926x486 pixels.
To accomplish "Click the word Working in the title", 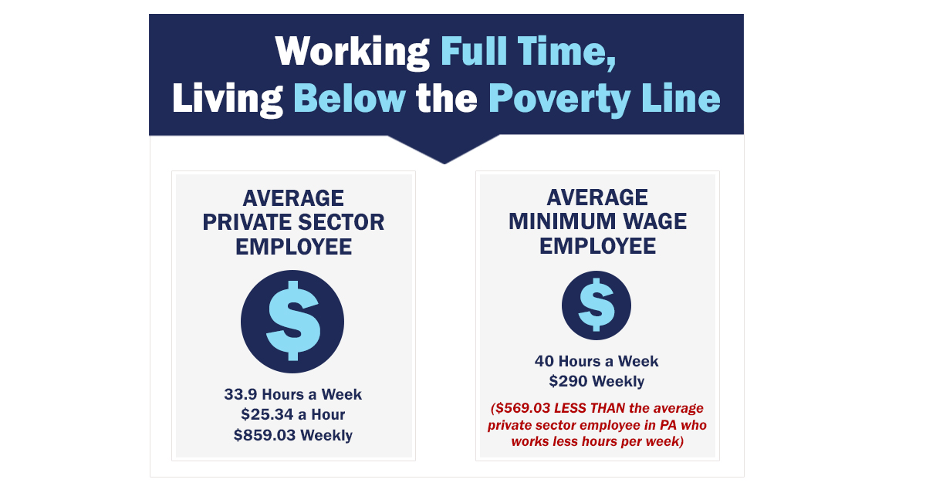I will click(352, 52).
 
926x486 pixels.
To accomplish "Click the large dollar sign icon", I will click(292, 321).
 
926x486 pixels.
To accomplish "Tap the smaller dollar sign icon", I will click(596, 305).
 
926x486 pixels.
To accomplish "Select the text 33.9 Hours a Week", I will click(293, 394).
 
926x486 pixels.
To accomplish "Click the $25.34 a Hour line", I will click(293, 415).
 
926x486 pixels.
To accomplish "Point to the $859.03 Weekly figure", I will click(293, 435).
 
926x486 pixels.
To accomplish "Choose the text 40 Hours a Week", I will click(596, 361).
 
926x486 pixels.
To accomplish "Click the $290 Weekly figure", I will click(596, 381).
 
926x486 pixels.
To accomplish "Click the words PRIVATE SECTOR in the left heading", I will click(293, 222).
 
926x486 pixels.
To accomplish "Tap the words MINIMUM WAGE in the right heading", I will click(597, 222).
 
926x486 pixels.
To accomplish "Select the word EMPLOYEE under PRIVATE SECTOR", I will click(293, 247).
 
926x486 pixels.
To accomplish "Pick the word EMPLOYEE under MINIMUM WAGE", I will click(597, 246).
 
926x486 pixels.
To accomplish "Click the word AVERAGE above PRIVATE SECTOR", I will click(293, 198).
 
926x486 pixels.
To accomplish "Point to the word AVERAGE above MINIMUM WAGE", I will click(597, 197).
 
